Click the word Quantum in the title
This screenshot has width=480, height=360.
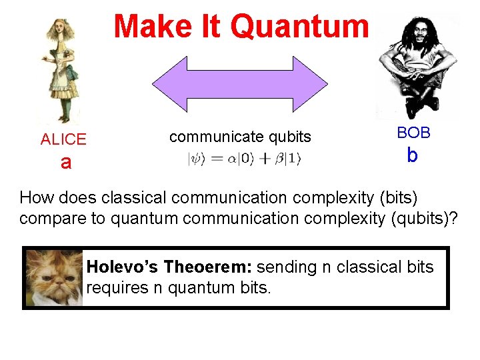pos(299,27)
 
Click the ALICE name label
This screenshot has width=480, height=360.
pos(63,139)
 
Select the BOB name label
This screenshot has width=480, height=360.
pos(413,133)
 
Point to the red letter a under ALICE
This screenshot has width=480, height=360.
pos(65,162)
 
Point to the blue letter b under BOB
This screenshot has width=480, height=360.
pos(412,155)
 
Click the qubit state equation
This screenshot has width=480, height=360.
pos(245,159)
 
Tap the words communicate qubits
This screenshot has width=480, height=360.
pos(240,137)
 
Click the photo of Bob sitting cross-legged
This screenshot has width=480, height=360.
pos(415,63)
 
